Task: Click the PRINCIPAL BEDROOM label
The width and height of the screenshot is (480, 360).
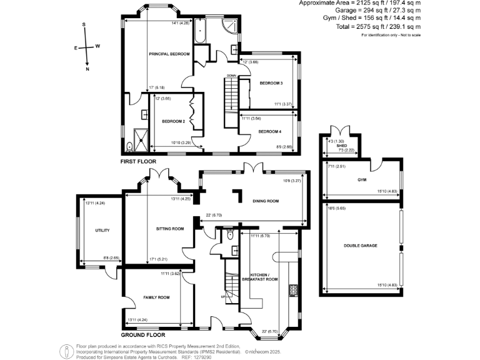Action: coord(169,54)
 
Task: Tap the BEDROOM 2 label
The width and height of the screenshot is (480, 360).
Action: coord(173,121)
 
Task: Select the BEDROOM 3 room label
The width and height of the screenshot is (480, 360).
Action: coord(271,83)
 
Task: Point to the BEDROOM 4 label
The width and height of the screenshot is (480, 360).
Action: coord(271,131)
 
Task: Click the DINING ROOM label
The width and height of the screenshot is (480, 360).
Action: coord(265,201)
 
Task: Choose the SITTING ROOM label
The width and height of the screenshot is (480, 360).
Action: coord(170,229)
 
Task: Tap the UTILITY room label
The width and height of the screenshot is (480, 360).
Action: coord(102,231)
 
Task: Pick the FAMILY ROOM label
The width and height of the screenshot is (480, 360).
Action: coord(156,297)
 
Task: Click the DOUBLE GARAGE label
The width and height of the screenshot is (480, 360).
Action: coord(360,246)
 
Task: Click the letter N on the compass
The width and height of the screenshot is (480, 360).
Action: coord(87,70)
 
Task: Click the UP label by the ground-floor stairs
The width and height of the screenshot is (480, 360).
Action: coord(222,296)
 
